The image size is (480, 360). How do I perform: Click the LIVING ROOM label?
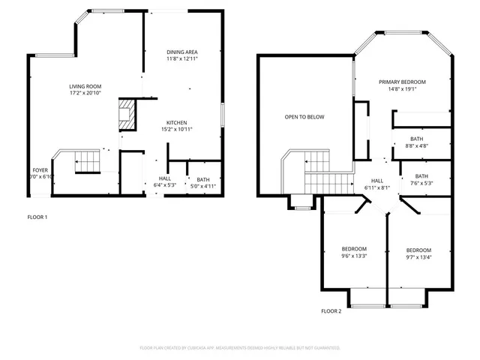85,86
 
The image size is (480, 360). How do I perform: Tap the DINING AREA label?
182,51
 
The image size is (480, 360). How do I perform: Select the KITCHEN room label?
177,122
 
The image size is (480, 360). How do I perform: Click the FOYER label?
40,170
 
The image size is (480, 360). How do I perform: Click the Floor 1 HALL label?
164,178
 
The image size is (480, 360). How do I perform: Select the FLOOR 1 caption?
37,217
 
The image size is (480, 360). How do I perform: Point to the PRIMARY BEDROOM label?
402,82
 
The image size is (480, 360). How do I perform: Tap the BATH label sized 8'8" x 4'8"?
417,139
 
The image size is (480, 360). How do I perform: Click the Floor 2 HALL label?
377,180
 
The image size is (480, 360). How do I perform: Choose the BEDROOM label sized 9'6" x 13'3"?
354,249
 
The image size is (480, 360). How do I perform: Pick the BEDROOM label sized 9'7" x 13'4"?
418,250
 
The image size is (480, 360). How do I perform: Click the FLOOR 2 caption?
331,310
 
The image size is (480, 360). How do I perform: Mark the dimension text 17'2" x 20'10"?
85,93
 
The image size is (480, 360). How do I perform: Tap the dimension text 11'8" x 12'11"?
182,58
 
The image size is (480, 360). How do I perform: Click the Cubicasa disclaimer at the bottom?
240,348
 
